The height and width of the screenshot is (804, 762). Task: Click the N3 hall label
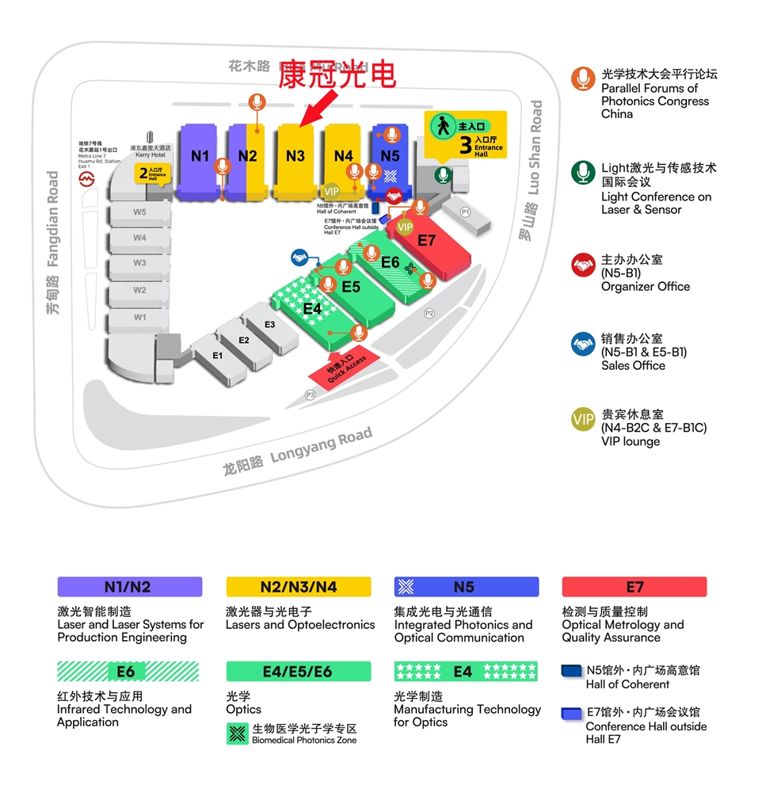coord(295,156)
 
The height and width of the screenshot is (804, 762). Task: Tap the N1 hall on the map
coord(200,156)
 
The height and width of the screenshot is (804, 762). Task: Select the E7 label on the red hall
coord(427,241)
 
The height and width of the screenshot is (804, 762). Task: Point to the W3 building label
coord(139,263)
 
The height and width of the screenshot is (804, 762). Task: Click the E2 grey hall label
coord(244,341)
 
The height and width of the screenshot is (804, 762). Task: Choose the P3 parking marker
coord(311,394)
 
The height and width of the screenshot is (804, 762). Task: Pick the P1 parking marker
coord(465,212)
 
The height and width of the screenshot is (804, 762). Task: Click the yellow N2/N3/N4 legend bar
coord(299,587)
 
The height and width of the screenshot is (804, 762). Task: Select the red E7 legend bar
coord(634,587)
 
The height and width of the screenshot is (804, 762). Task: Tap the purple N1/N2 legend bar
coord(130,587)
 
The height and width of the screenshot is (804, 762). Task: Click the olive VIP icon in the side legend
coord(583,421)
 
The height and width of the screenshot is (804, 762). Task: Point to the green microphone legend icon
coord(583,172)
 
